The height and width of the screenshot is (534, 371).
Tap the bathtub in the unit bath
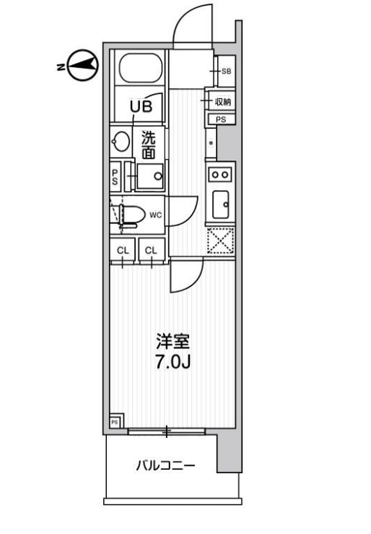pyautogui.click(x=141, y=67)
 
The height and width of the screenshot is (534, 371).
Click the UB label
pyautogui.click(x=141, y=107)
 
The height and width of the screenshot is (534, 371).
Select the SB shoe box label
pyautogui.click(x=226, y=72)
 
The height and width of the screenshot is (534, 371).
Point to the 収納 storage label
pyautogui.click(x=223, y=101)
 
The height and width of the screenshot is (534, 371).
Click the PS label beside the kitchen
pyautogui.click(x=221, y=119)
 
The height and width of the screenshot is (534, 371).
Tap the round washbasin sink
pyautogui.click(x=121, y=142)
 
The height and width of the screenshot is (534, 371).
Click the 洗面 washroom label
pyautogui.click(x=149, y=145)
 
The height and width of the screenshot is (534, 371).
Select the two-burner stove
pyautogui.click(x=220, y=175)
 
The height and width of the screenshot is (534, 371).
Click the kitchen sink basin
pyautogui.click(x=220, y=204)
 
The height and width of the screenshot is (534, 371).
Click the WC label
pyautogui.click(x=155, y=215)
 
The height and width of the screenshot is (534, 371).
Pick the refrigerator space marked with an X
pyautogui.click(x=220, y=241)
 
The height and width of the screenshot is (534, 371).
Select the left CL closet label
pyautogui.click(x=123, y=251)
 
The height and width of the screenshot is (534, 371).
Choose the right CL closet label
pyautogui.click(x=151, y=251)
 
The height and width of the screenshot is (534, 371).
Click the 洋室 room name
pyautogui.click(x=173, y=342)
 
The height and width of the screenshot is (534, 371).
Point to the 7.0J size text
pyautogui.click(x=173, y=362)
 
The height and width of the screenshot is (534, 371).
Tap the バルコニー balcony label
pyautogui.click(x=165, y=465)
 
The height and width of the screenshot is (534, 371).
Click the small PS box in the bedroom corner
pyautogui.click(x=115, y=422)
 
